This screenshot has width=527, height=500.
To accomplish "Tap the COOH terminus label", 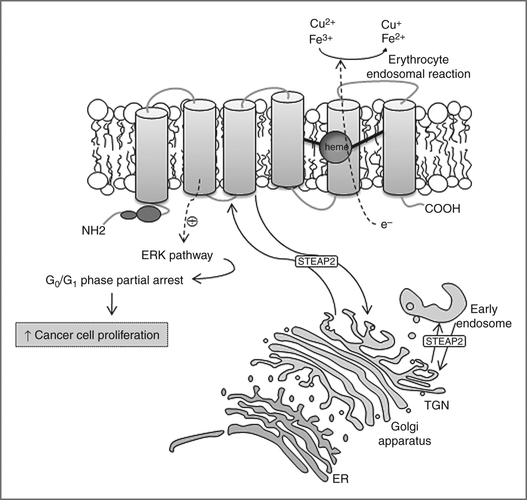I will coord(442,209).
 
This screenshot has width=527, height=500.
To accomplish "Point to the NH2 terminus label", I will coord(93,231).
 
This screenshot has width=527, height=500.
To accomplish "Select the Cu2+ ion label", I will coord(322,24).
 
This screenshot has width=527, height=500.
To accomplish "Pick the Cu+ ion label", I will coord(391,25).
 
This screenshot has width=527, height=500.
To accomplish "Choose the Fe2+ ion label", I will coord(393,38).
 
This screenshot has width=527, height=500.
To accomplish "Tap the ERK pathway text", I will coord(177,255).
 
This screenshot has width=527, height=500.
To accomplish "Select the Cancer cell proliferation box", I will coord(92,335).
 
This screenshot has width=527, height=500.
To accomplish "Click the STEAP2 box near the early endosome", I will coord(444,341).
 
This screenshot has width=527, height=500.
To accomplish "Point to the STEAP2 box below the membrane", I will coord(316,261).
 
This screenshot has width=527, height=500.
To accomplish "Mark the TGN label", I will coord(437,405).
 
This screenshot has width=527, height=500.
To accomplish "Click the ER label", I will coord(341,479).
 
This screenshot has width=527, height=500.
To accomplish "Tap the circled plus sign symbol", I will coord(192,221).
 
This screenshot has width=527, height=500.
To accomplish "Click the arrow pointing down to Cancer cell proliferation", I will coord(112,304).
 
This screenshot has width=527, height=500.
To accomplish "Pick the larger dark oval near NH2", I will coord(149,214).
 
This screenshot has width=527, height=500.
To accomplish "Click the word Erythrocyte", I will coord(418,60).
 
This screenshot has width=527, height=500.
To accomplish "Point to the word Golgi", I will coord(405,427).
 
